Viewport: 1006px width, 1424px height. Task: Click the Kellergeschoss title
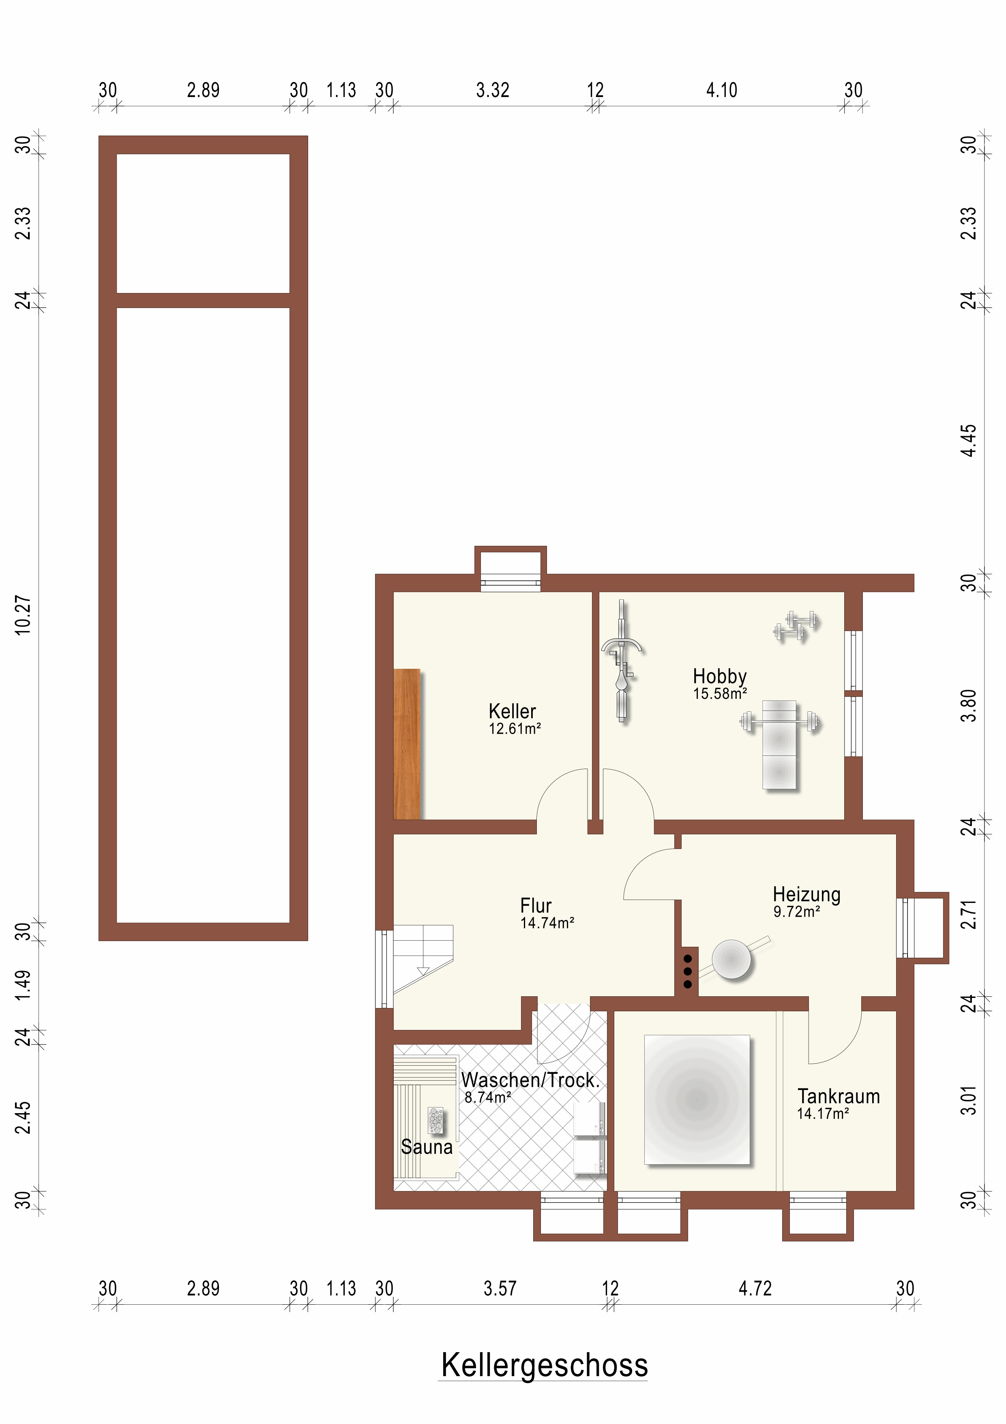pos(544,1365)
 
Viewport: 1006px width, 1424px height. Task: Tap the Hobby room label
pos(720,676)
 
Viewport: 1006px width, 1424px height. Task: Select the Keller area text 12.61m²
pos(515,729)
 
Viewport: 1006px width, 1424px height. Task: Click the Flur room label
pos(536,905)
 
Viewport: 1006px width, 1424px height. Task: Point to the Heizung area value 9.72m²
pos(796,912)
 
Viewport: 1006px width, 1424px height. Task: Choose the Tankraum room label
pos(839,1096)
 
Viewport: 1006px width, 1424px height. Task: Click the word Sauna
pos(427,1147)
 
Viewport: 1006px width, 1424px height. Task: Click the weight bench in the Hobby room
pos(779,744)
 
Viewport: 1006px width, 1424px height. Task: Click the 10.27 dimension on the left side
pos(22,615)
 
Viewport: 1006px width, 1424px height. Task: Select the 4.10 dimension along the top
pos(721,90)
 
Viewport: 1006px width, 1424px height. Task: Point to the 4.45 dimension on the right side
pos(968,440)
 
